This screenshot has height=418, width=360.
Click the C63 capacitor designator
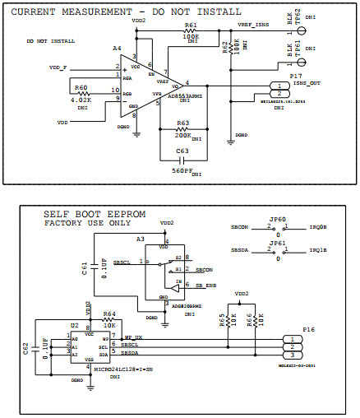click(x=183, y=151)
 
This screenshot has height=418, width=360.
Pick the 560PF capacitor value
click(x=184, y=170)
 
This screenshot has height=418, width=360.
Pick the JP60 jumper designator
click(x=276, y=221)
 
